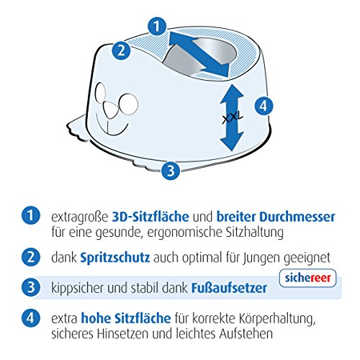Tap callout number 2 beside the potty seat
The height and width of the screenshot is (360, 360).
[123, 50]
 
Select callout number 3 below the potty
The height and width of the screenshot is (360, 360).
[170, 170]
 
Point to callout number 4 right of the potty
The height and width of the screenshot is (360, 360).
[264, 105]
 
